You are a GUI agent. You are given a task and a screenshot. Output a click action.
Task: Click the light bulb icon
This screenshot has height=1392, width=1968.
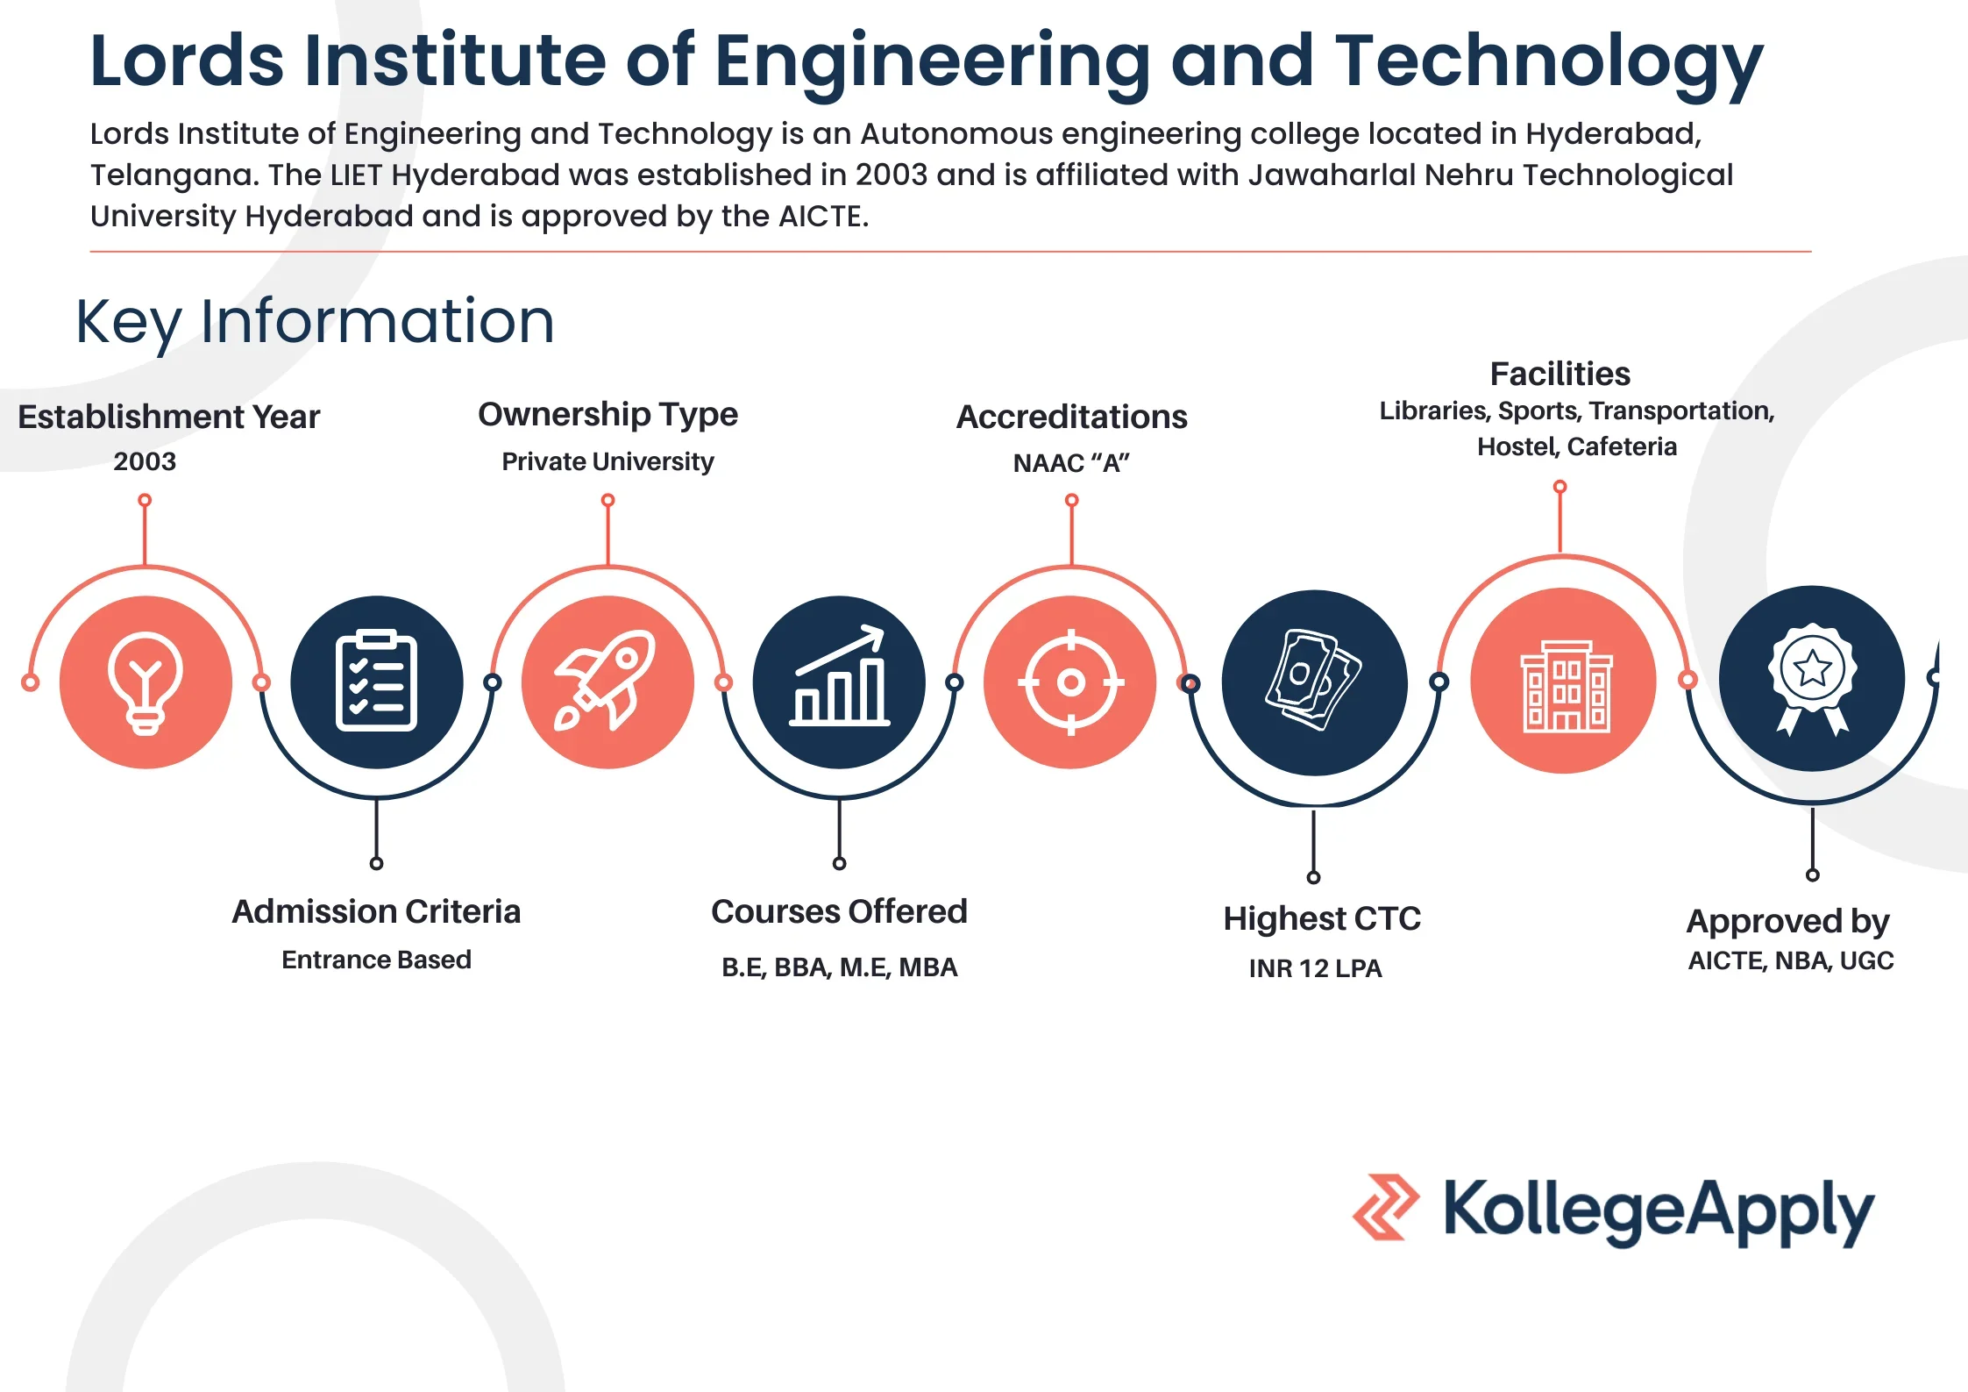(x=146, y=682)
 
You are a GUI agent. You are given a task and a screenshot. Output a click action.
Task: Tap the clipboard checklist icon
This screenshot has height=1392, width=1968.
(x=376, y=681)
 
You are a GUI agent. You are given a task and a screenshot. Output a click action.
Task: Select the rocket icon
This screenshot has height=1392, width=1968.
(x=606, y=680)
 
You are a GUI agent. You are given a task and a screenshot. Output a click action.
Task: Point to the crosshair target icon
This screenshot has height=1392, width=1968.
(x=1070, y=682)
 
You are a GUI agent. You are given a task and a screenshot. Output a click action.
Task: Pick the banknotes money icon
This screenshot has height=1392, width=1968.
(x=1313, y=680)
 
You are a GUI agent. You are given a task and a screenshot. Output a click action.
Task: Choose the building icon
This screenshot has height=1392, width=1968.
(x=1566, y=686)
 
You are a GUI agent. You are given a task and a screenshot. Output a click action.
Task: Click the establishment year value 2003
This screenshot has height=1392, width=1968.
(x=145, y=461)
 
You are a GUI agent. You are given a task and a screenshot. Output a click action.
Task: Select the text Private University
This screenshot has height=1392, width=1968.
(x=607, y=462)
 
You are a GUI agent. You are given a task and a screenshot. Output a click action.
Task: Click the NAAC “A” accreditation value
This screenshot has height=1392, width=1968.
(x=1071, y=463)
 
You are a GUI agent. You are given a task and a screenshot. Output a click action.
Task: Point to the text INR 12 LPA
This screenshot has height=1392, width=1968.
(x=1315, y=968)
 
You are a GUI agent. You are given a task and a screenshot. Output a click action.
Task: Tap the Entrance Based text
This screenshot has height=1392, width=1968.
(x=376, y=960)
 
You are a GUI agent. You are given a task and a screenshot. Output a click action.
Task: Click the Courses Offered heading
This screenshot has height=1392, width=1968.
(x=839, y=911)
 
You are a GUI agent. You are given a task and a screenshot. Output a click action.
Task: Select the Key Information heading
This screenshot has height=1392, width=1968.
(x=316, y=322)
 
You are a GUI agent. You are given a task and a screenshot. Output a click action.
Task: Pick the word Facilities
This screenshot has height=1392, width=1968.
(x=1560, y=374)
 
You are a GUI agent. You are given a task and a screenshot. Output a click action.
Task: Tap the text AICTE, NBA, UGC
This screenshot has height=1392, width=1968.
(x=1791, y=961)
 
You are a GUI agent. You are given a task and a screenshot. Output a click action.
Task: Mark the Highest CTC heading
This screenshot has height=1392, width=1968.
(x=1322, y=918)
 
